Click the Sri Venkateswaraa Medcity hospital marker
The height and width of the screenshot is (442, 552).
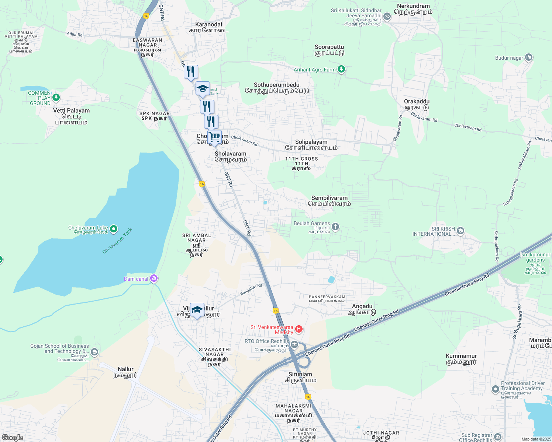pos(299,329)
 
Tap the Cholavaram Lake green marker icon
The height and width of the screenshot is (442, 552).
pos(114,229)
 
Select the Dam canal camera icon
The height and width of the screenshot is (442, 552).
pos(154,278)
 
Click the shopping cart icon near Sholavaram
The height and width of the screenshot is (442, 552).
pos(214,137)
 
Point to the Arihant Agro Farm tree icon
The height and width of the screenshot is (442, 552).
pos(341,69)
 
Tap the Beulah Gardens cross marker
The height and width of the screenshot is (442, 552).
pos(335,227)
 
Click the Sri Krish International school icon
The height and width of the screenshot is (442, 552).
pos(460,231)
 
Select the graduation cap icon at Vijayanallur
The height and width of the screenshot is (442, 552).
pos(197,310)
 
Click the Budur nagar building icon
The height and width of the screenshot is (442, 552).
pos(529,57)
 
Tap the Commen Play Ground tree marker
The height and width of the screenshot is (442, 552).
pos(56,98)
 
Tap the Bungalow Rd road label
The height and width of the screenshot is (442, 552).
pos(251,290)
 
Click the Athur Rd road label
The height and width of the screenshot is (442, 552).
pos(75,34)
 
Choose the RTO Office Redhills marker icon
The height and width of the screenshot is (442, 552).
pos(294,345)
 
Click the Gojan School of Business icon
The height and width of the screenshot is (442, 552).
pos(94,352)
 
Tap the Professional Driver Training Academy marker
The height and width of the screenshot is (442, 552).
pos(496,389)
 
